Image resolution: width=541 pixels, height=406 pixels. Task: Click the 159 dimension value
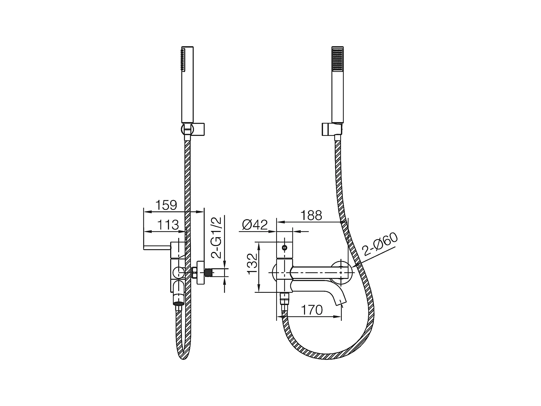[x=166, y=205]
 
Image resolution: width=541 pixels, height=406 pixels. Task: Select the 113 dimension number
[x=168, y=225]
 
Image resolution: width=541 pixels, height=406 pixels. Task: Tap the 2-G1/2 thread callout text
[x=216, y=237]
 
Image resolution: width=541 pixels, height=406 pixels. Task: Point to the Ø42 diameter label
[x=255, y=225]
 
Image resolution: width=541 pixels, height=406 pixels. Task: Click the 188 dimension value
[x=311, y=215]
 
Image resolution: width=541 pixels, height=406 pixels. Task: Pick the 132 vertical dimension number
[x=252, y=264]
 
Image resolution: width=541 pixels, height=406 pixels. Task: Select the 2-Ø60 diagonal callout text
[x=380, y=244]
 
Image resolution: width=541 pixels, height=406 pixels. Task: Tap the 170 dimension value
[x=312, y=310]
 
